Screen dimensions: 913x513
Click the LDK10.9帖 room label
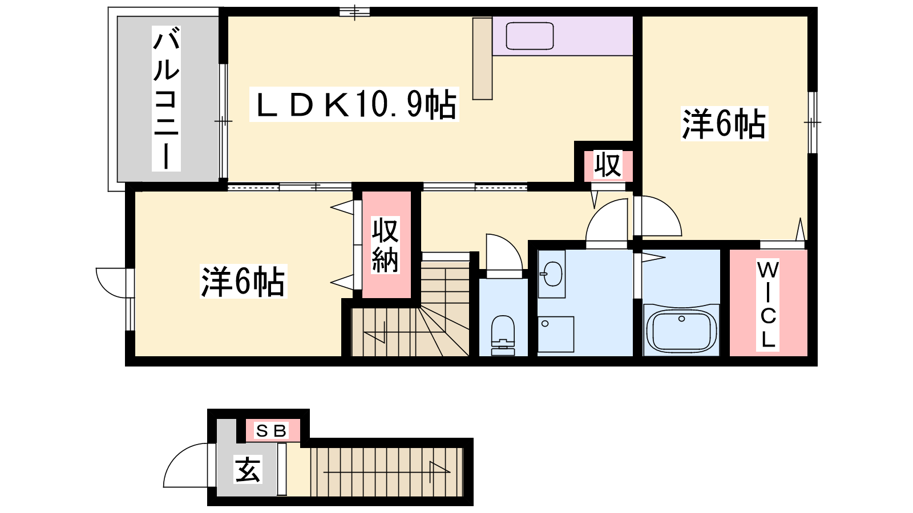click(x=354, y=104)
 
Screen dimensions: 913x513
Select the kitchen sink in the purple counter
click(x=530, y=36)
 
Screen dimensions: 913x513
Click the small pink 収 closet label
click(x=608, y=165)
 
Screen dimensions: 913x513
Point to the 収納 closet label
click(x=385, y=245)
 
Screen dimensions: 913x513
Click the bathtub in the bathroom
click(x=681, y=330)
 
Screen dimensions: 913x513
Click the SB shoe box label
click(x=272, y=430)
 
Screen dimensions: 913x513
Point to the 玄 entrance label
click(x=248, y=470)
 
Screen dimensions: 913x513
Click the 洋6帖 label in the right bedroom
click(x=724, y=124)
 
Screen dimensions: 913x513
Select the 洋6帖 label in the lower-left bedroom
click(x=243, y=282)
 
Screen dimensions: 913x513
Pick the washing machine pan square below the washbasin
click(x=556, y=334)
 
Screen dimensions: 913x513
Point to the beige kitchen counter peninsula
click(x=483, y=59)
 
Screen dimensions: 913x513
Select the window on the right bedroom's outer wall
click(x=813, y=122)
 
